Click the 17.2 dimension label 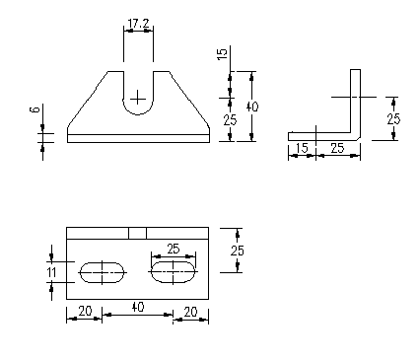tap(138, 24)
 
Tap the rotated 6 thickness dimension tap(35, 109)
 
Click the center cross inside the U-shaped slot tap(138, 98)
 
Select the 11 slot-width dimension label tap(51, 272)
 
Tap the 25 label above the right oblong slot tap(174, 249)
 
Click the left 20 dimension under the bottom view tap(85, 311)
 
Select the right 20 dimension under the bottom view tap(190, 312)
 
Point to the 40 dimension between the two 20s tap(138, 307)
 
